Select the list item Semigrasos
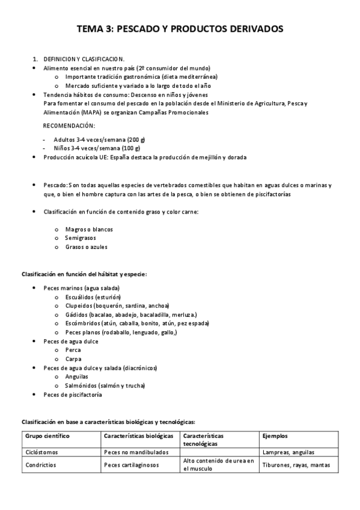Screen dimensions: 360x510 point(81,238)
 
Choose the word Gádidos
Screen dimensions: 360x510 point(76,315)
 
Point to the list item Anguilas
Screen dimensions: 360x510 point(77,376)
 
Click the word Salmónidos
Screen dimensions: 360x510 point(82,385)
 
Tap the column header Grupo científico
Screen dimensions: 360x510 point(48,435)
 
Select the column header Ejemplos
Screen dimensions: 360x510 point(275,435)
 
